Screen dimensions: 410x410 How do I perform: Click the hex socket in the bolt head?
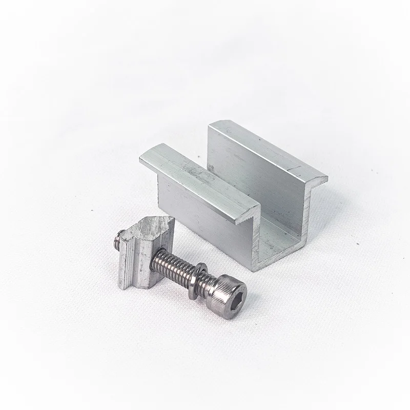click(x=234, y=296)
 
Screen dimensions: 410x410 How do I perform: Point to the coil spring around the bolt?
click(x=172, y=264)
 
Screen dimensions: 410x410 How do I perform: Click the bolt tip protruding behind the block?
click(x=119, y=240)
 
